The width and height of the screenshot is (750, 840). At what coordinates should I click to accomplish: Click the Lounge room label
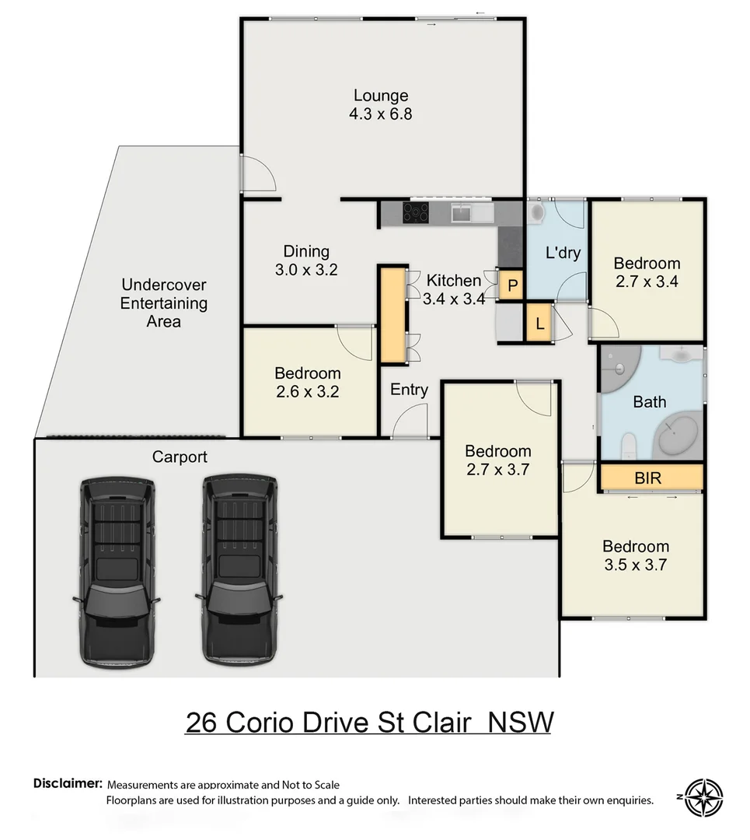(381, 104)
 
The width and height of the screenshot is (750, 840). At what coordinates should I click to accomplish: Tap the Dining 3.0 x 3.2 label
(305, 261)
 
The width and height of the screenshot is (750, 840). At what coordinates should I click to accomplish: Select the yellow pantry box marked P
(511, 285)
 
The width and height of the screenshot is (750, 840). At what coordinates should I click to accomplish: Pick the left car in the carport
(117, 572)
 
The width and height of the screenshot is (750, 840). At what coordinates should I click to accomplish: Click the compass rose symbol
(704, 797)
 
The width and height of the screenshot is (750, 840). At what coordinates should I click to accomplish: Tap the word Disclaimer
(68, 783)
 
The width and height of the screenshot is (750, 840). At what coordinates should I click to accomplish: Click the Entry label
(409, 390)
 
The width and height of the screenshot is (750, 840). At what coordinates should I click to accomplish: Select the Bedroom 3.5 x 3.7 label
(635, 555)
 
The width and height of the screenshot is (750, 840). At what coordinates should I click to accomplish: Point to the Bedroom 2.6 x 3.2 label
(308, 383)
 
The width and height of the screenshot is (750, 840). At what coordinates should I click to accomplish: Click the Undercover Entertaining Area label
(163, 303)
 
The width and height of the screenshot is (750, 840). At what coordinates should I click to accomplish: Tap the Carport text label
(180, 457)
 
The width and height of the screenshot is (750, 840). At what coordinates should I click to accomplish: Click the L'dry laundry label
(563, 253)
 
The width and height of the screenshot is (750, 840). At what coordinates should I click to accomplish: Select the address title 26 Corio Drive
(369, 722)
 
